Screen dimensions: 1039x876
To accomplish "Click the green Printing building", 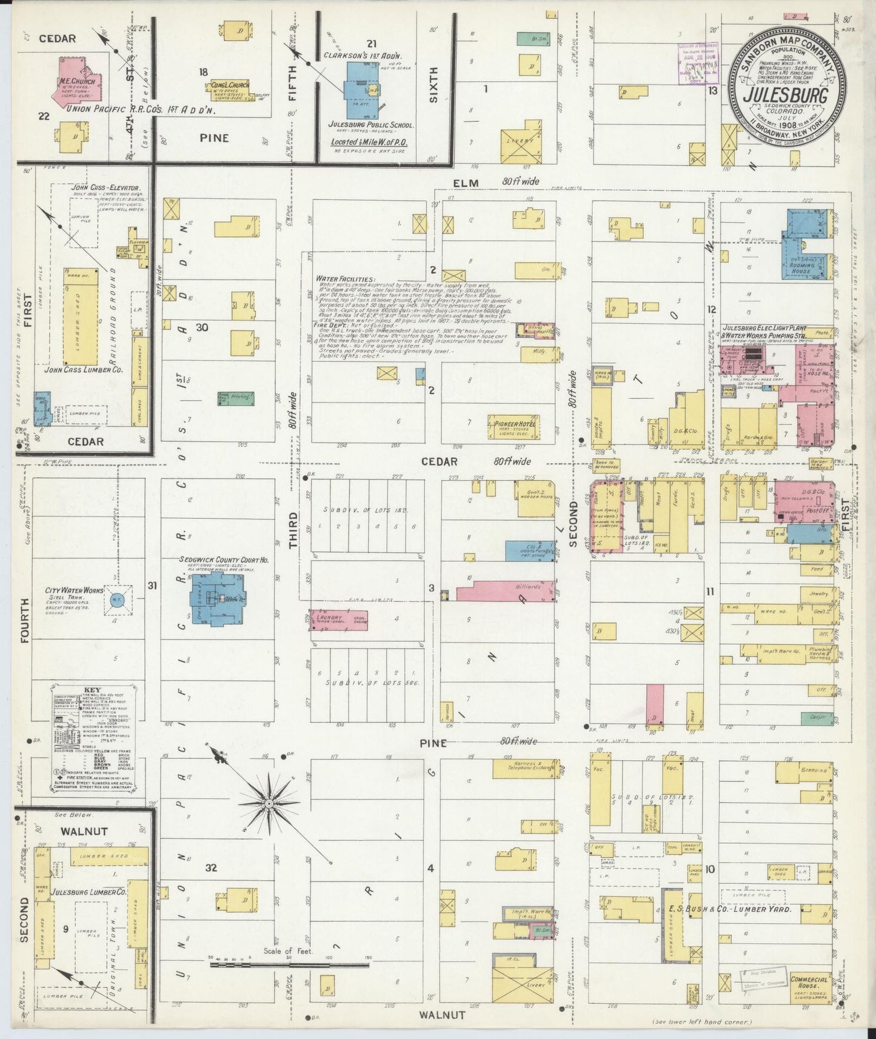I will point(236,398).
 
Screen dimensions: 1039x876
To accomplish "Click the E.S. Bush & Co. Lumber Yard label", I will point(730,909).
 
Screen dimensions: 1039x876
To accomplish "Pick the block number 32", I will point(210,868).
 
